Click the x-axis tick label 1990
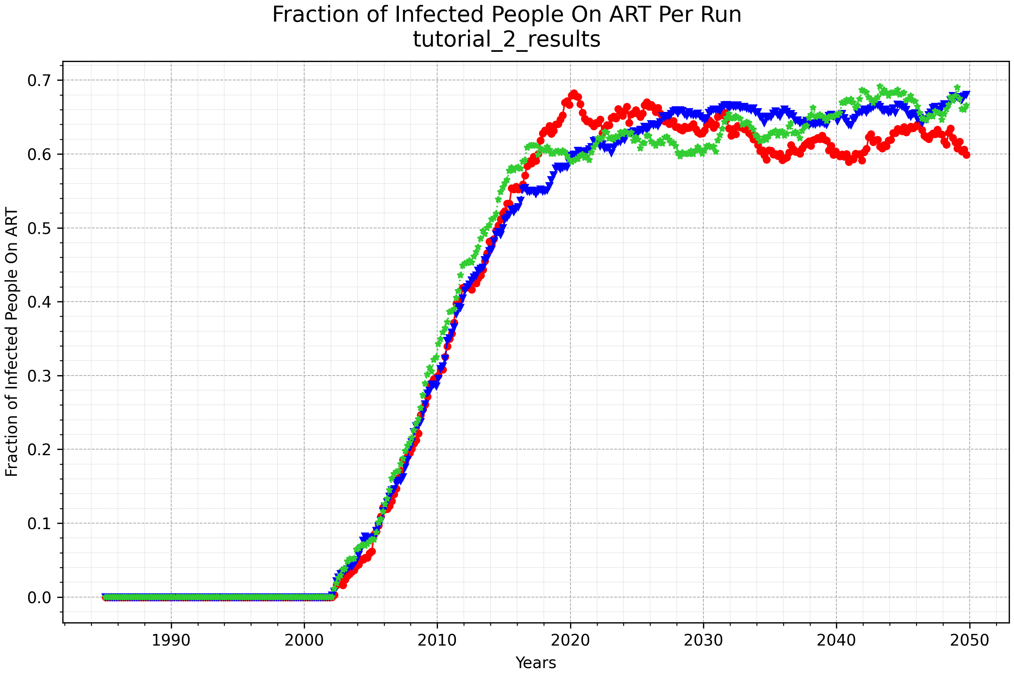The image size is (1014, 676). point(171,641)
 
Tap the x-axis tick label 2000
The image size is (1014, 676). point(304,641)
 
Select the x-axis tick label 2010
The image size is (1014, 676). point(437,641)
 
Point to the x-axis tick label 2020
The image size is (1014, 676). point(570,641)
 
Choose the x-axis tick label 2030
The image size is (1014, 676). point(703,641)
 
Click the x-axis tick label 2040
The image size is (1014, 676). point(836,641)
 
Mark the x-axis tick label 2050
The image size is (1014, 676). point(970,641)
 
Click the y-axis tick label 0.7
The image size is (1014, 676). point(39,81)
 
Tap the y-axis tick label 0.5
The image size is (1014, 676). point(39,228)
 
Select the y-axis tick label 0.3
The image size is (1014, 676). point(39,376)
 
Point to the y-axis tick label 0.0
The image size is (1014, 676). point(39,598)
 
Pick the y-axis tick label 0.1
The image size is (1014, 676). point(39,524)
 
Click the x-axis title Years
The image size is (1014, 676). point(536,662)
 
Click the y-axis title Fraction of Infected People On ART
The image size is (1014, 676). point(12,342)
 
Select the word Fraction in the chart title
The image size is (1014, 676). point(316,15)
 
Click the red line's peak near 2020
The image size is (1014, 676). point(573,94)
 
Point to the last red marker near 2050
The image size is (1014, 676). point(967,155)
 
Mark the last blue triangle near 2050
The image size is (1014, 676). point(967,94)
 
